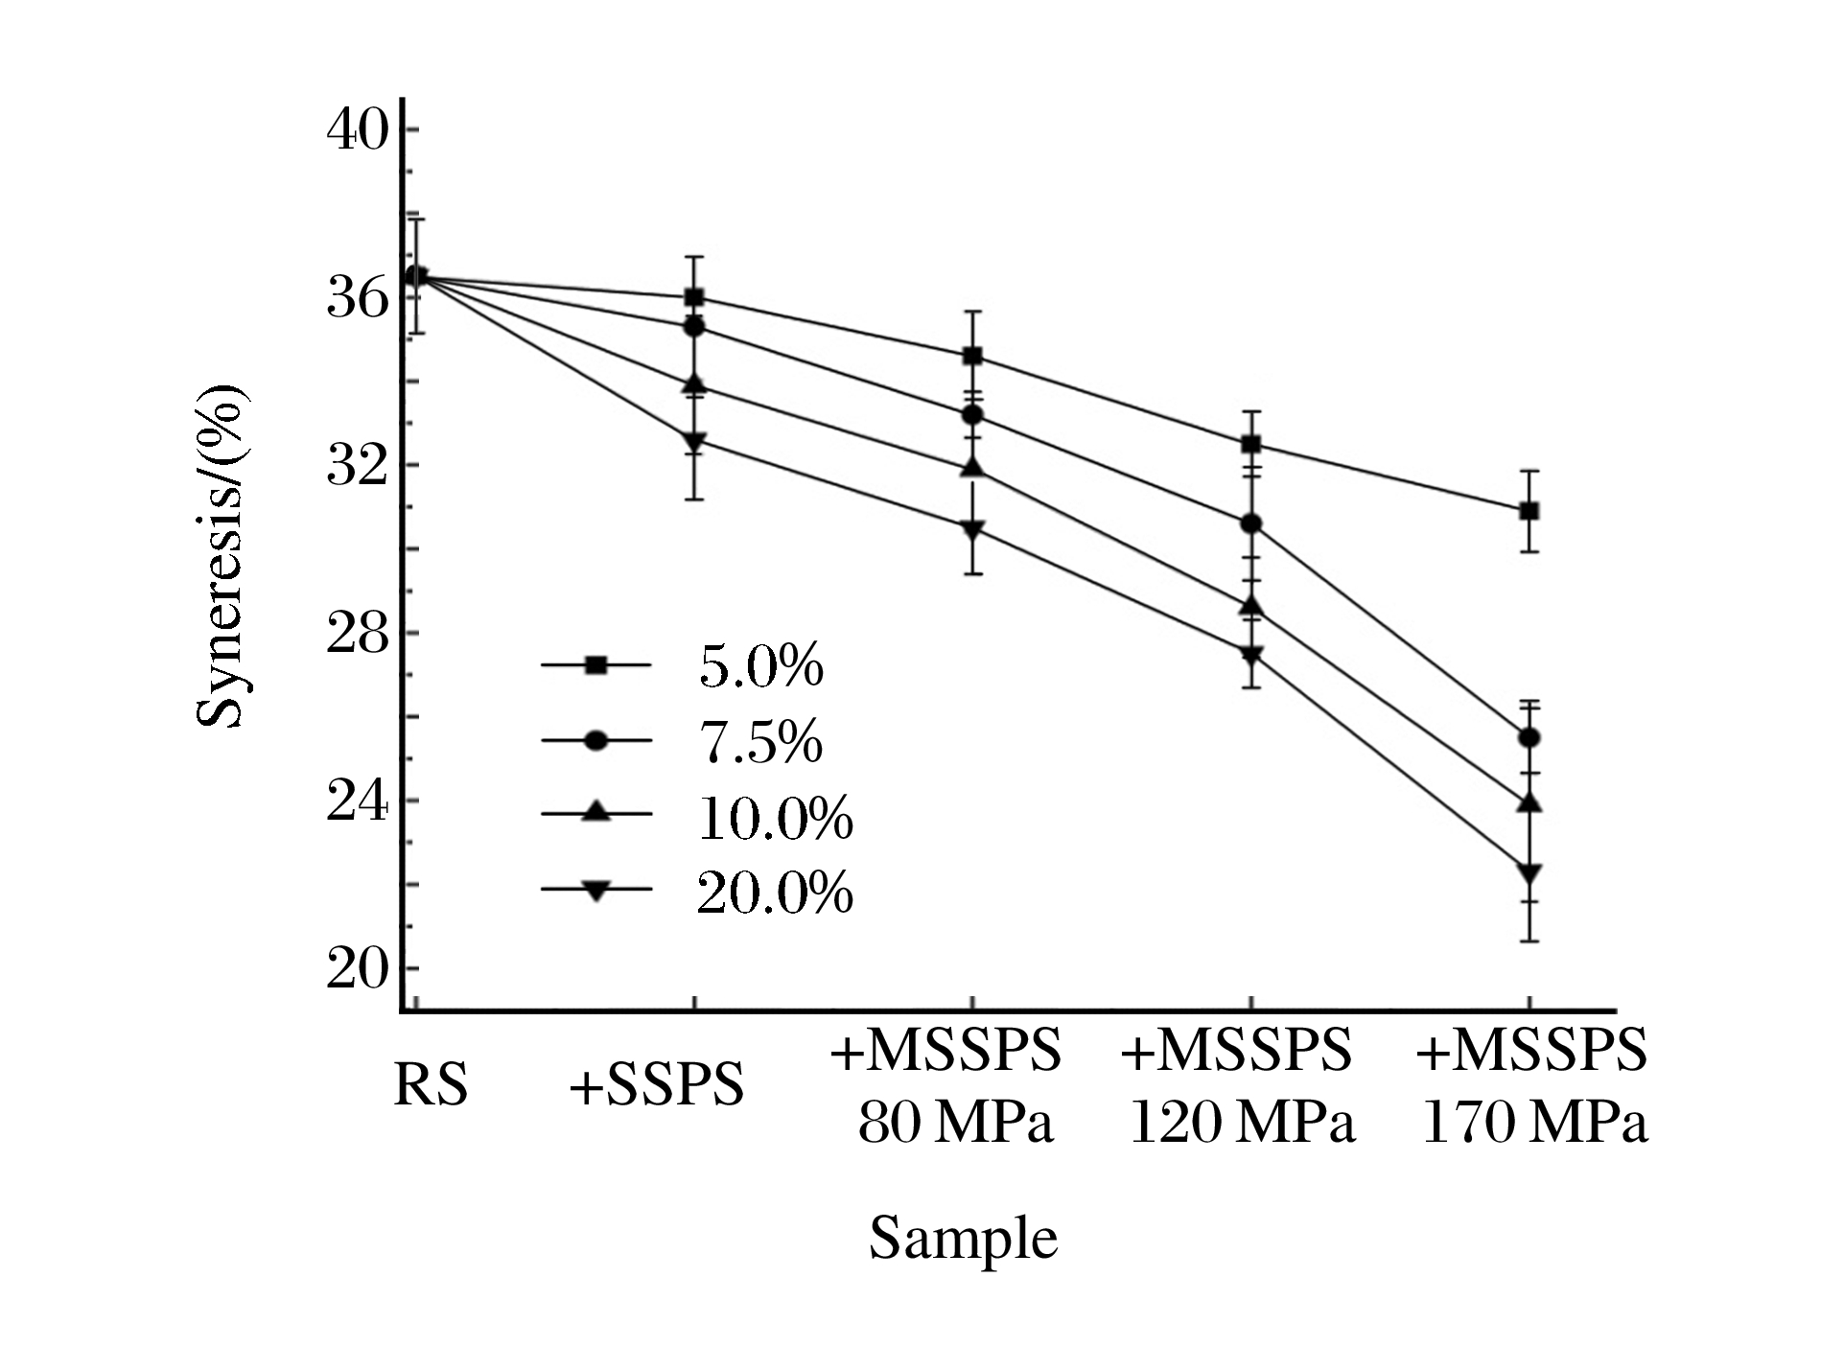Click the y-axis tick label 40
click(x=358, y=130)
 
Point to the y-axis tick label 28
click(x=358, y=633)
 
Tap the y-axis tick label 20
click(x=358, y=969)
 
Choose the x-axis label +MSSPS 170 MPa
click(x=1532, y=1086)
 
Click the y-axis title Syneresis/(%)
click(x=221, y=556)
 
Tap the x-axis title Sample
click(x=963, y=1238)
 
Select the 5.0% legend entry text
click(x=760, y=665)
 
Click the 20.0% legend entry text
click(x=775, y=892)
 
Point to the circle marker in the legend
click(x=596, y=740)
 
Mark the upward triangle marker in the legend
click(x=596, y=813)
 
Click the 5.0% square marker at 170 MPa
click(x=1529, y=511)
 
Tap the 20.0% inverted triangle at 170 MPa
click(x=1529, y=873)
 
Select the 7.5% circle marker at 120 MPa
click(x=1250, y=523)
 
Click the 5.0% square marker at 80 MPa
click(x=972, y=357)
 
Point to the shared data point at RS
click(x=416, y=276)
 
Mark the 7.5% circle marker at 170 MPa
click(x=1529, y=737)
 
